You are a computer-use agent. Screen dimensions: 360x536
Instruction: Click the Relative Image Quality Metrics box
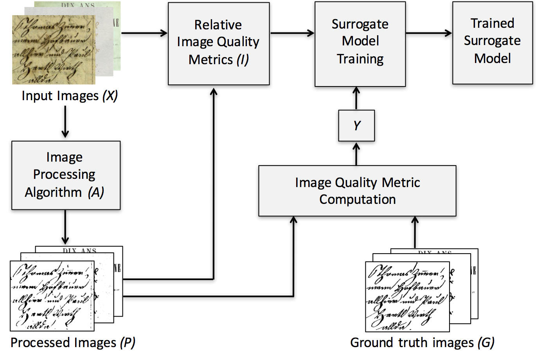pyautogui.click(x=219, y=43)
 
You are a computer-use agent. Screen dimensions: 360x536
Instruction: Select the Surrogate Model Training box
pyautogui.click(x=360, y=43)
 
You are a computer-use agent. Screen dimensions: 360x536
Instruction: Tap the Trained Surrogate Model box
pyautogui.click(x=492, y=42)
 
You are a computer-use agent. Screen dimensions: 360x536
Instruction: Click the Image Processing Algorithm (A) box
pyautogui.click(x=66, y=175)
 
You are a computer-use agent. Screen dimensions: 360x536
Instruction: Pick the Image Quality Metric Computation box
pyautogui.click(x=357, y=191)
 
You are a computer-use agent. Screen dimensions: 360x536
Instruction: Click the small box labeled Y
pyautogui.click(x=356, y=126)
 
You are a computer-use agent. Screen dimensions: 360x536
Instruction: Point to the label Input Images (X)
pyautogui.click(x=69, y=96)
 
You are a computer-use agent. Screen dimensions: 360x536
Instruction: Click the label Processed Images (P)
pyautogui.click(x=73, y=343)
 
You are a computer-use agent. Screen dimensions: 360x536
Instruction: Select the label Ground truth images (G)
pyautogui.click(x=422, y=343)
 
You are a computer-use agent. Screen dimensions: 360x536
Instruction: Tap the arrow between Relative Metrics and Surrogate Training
pyautogui.click(x=292, y=33)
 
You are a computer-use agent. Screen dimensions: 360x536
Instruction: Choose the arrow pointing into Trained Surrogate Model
pyautogui.click(x=428, y=33)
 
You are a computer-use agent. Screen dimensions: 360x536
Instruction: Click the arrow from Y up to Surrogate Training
pyautogui.click(x=356, y=98)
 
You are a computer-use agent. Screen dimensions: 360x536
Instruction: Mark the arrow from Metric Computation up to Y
pyautogui.click(x=356, y=153)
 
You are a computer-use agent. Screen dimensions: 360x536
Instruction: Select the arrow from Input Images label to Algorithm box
pyautogui.click(x=65, y=122)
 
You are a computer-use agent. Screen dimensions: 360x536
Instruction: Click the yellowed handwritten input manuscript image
pyautogui.click(x=54, y=50)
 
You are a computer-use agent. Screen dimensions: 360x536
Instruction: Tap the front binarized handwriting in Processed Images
pyautogui.click(x=52, y=296)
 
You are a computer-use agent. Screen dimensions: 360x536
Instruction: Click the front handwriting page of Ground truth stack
pyautogui.click(x=407, y=297)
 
